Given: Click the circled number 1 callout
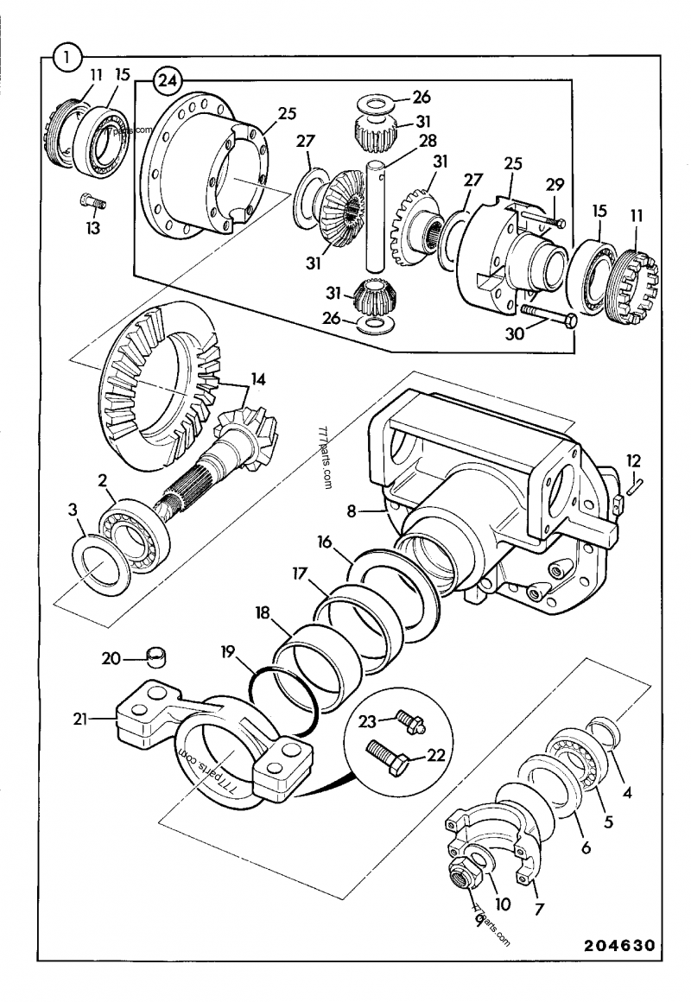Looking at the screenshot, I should [67, 58].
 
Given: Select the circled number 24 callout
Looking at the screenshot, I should [167, 82].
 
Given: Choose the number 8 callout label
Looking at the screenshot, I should [352, 511].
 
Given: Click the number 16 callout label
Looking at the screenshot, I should [324, 543].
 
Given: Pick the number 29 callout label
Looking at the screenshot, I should [555, 185].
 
